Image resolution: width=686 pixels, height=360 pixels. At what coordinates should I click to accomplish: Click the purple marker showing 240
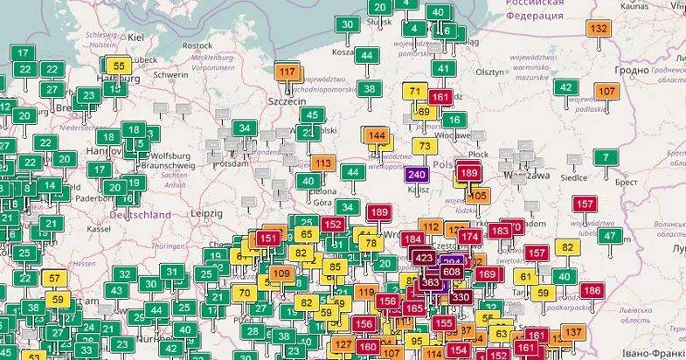(x=417, y=175)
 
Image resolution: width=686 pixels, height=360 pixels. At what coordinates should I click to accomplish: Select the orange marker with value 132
(x=599, y=29)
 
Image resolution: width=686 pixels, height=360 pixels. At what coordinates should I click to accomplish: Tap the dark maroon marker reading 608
(x=452, y=272)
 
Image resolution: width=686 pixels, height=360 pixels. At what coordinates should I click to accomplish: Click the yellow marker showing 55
(x=119, y=66)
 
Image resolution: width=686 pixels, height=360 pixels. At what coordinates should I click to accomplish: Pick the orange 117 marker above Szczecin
(x=287, y=72)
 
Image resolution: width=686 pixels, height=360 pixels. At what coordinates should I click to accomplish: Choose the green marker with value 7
(x=605, y=158)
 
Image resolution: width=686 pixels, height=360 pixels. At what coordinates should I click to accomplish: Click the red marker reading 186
(x=592, y=290)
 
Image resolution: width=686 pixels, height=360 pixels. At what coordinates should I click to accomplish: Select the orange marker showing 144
(x=377, y=135)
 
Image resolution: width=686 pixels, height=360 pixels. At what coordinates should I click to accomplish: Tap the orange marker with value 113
(x=323, y=163)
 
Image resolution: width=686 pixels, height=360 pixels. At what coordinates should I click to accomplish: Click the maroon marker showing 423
(x=424, y=258)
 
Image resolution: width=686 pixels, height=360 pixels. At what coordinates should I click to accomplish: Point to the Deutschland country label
(x=140, y=214)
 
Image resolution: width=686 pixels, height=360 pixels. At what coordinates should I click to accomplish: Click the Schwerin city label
(x=170, y=75)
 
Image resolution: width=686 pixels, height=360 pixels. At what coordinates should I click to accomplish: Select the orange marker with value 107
(x=606, y=91)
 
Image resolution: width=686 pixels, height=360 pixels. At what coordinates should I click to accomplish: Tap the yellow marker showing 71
(x=416, y=92)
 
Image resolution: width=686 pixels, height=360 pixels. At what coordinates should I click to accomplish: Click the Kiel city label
(x=135, y=38)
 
